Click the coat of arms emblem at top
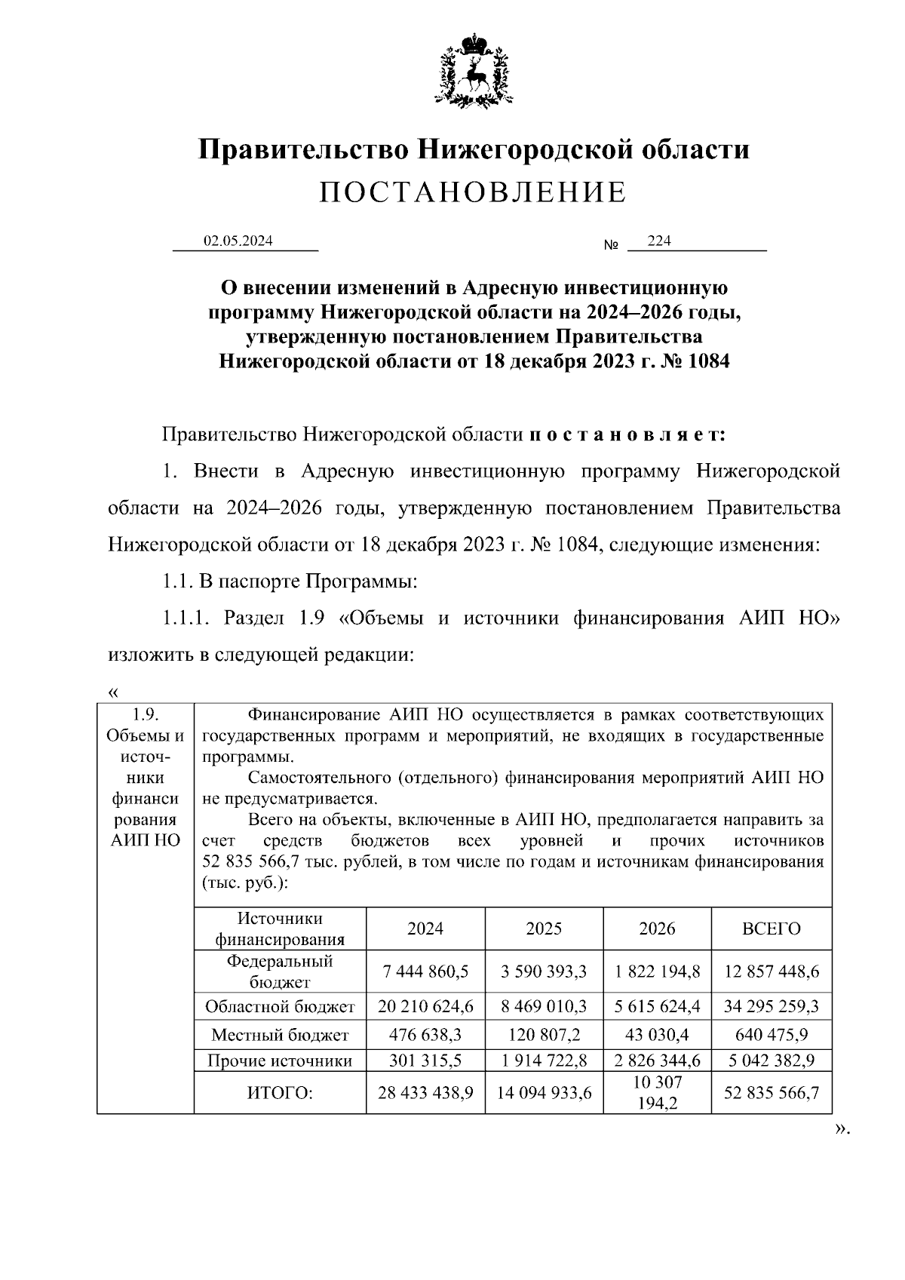[x=474, y=70]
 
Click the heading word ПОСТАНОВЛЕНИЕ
[x=473, y=193]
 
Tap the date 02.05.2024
[x=238, y=241]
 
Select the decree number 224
[x=659, y=241]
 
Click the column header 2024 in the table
[x=425, y=929]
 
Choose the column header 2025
[x=544, y=929]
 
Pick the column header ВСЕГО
[x=771, y=929]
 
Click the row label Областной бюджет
[x=280, y=1006]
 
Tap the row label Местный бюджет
[x=280, y=1034]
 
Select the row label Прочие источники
[x=280, y=1061]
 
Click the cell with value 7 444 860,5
[x=425, y=972]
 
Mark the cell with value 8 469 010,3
[x=544, y=1006]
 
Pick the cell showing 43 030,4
[x=657, y=1034]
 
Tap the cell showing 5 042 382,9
[x=771, y=1061]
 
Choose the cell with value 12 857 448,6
[x=771, y=972]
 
